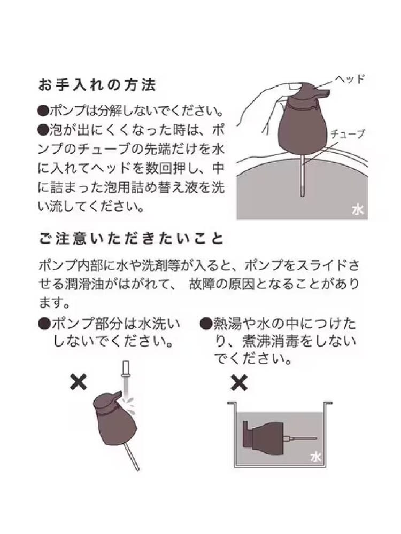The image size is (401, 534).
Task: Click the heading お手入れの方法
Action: tap(97, 85)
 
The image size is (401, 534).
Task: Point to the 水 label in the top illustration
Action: tap(358, 210)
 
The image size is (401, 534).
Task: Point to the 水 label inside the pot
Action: tap(316, 457)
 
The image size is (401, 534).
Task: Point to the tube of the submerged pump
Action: tap(300, 438)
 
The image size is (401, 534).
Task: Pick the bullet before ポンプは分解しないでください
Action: tap(44, 111)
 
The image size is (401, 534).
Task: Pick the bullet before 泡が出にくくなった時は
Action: tap(44, 130)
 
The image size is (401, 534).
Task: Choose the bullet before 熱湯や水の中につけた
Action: tap(206, 324)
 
